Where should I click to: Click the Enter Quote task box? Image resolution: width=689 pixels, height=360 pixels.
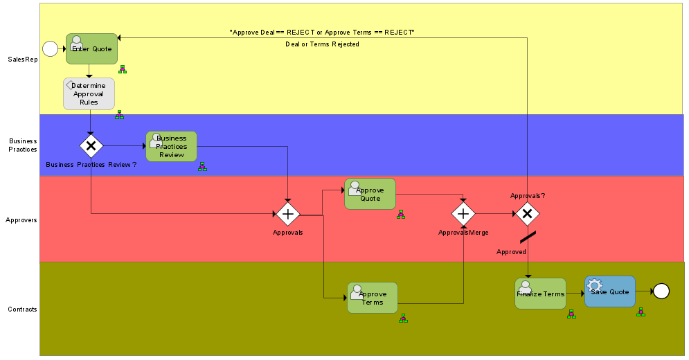pyautogui.click(x=91, y=48)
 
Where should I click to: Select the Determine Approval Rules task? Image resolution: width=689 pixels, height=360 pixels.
pyautogui.click(x=89, y=93)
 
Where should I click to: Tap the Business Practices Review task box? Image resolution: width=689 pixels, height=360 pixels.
pyautogui.click(x=171, y=146)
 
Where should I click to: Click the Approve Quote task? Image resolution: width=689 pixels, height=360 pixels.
pyautogui.click(x=370, y=194)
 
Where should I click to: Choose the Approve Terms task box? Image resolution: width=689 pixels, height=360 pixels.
pyautogui.click(x=373, y=298)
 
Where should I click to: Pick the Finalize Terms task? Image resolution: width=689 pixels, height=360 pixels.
pyautogui.click(x=540, y=294)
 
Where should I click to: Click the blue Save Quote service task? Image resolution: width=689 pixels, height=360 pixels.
pyautogui.click(x=609, y=291)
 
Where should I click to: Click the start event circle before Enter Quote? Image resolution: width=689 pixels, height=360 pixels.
pyautogui.click(x=50, y=48)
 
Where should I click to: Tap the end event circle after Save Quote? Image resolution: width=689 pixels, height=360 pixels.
pyautogui.click(x=661, y=291)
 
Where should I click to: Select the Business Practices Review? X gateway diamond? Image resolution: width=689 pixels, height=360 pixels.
pyautogui.click(x=91, y=146)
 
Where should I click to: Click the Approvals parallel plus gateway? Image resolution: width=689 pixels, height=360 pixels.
pyautogui.click(x=287, y=214)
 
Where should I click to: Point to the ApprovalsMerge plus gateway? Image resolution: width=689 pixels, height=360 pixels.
pyautogui.click(x=463, y=214)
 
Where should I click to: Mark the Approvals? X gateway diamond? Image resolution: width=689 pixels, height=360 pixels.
pyautogui.click(x=527, y=214)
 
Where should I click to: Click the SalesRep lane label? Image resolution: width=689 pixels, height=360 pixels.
pyautogui.click(x=23, y=60)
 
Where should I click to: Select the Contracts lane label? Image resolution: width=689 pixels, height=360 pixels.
pyautogui.click(x=22, y=309)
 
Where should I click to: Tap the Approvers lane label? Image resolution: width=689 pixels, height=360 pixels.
pyautogui.click(x=21, y=219)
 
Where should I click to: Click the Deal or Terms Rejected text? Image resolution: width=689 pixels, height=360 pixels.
pyautogui.click(x=322, y=44)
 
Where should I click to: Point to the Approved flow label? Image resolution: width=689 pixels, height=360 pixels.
pyautogui.click(x=511, y=252)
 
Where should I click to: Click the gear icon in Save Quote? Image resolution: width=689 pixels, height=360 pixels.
pyautogui.click(x=595, y=285)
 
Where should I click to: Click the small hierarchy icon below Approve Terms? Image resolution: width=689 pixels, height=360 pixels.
pyautogui.click(x=403, y=318)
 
